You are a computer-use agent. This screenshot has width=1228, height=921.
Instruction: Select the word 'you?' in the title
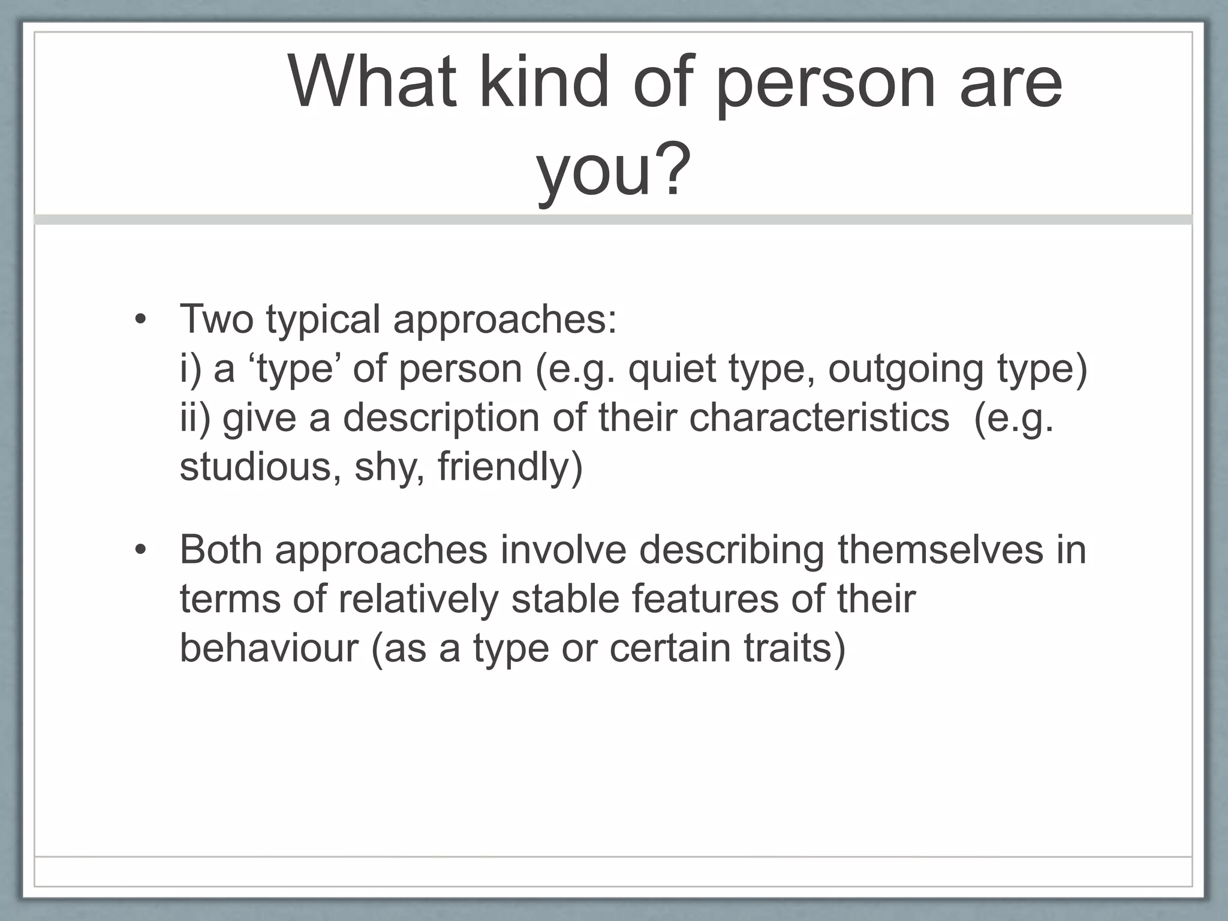pyautogui.click(x=613, y=170)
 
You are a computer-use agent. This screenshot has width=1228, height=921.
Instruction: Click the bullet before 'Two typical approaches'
pyautogui.click(x=141, y=320)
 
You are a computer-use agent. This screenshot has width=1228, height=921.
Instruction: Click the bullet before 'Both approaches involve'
pyautogui.click(x=141, y=550)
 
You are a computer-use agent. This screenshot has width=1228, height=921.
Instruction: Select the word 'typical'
pyautogui.click(x=323, y=320)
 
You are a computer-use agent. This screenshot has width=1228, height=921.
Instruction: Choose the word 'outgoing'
pyautogui.click(x=905, y=369)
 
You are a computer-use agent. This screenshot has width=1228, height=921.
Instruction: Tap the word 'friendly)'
pyautogui.click(x=510, y=467)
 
